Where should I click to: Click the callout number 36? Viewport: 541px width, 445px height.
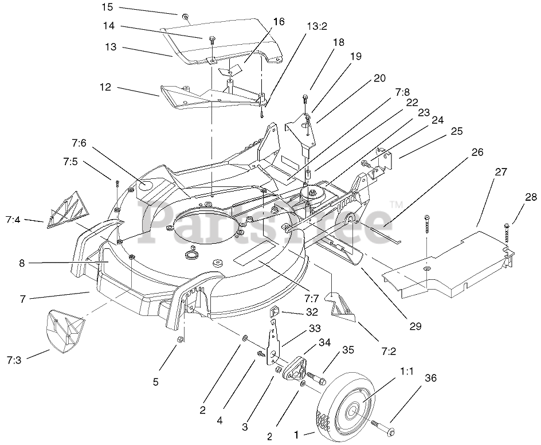(430, 378)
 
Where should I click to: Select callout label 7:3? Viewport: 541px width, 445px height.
(14, 361)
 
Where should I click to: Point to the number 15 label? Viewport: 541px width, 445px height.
(108, 7)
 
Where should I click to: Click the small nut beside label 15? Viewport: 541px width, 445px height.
(185, 16)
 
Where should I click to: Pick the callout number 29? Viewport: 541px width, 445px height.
(415, 326)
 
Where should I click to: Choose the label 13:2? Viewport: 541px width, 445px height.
(317, 26)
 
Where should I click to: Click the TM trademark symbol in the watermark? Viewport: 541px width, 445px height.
(397, 205)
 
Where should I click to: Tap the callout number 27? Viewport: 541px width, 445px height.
(501, 171)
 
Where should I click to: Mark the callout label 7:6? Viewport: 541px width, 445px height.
(79, 143)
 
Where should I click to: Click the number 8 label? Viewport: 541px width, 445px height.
(22, 263)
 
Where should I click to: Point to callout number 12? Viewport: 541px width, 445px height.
(105, 87)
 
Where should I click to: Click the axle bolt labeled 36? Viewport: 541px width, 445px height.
(382, 427)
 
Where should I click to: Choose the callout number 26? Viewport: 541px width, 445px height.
(477, 152)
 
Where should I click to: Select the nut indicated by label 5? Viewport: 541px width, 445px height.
(179, 340)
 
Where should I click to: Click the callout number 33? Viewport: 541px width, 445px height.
(315, 328)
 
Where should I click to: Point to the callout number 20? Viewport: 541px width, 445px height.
(379, 79)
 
